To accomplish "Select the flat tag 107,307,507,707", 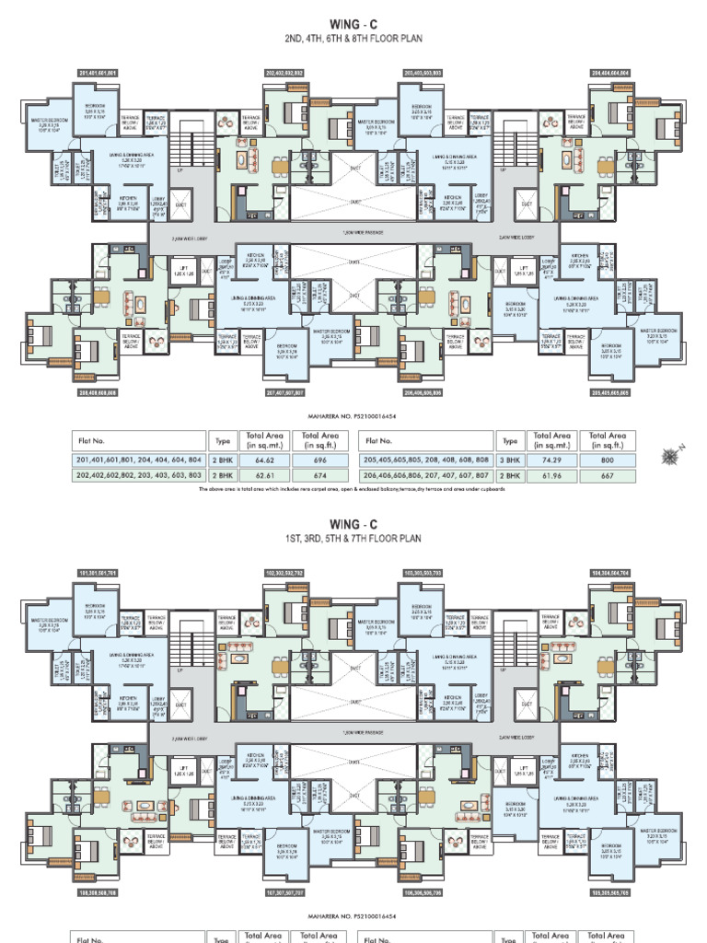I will coord(284,892).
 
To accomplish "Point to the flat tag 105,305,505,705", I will coord(609,892).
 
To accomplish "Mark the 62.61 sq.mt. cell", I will coord(264,475).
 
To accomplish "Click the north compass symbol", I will coord(669,454).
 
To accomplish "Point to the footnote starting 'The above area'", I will coord(353,489).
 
